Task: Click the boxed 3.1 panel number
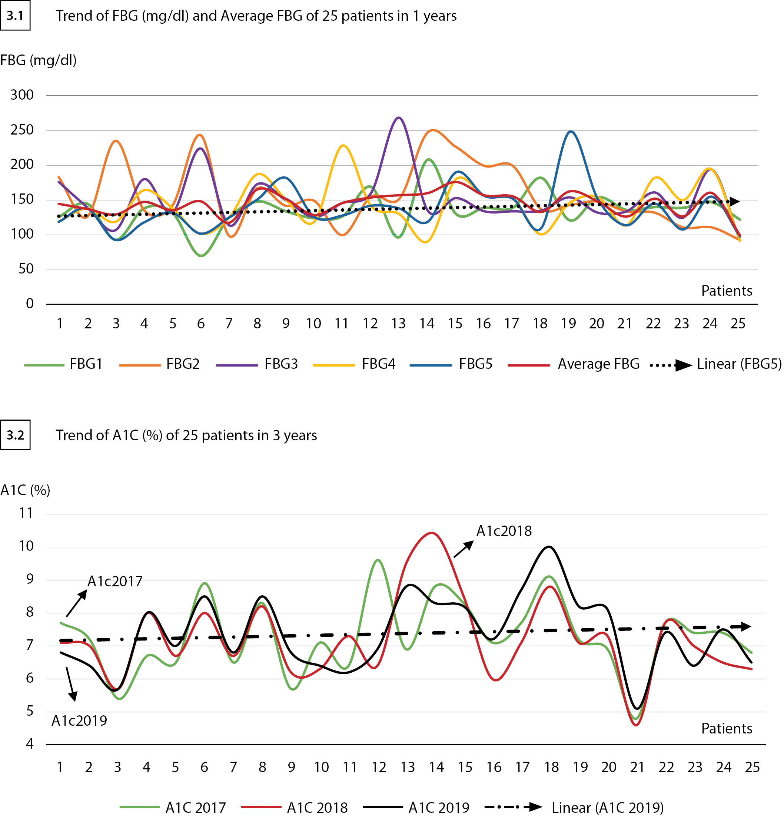coord(15,16)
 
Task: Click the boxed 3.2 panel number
coord(15,435)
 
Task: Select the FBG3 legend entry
coord(281,364)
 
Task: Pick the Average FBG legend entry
coord(598,364)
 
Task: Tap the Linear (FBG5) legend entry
coord(738,364)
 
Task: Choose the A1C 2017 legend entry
coord(195,808)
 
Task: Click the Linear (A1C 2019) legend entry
coord(607,808)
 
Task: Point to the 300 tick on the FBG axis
coord(22,95)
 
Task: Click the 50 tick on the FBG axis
coord(26,269)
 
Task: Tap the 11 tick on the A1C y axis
coord(26,513)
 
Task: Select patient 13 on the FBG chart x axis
coord(398,324)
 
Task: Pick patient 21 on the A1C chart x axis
coord(637,767)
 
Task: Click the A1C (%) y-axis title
coord(26,490)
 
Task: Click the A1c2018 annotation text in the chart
coord(504,531)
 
